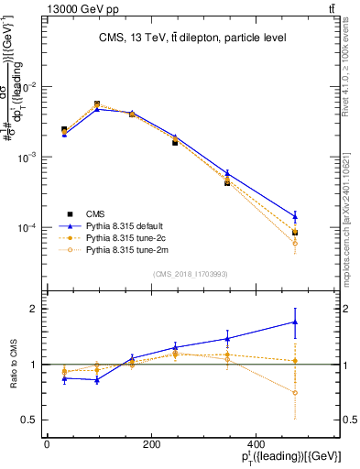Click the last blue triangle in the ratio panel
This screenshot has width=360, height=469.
click(x=295, y=322)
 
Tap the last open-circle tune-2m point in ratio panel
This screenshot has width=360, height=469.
click(x=295, y=393)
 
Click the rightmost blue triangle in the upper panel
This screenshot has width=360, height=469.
click(x=295, y=216)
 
